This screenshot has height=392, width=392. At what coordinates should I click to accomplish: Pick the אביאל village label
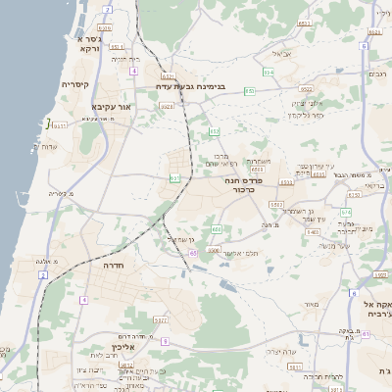coord(282,54)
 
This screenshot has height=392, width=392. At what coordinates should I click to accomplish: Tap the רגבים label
coord(377,74)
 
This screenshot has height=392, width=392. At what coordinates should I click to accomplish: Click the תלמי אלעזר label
coord(236,253)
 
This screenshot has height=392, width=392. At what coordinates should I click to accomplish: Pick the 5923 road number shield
coord(161,320)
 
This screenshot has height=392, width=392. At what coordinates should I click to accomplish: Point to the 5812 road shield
coord(126,365)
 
